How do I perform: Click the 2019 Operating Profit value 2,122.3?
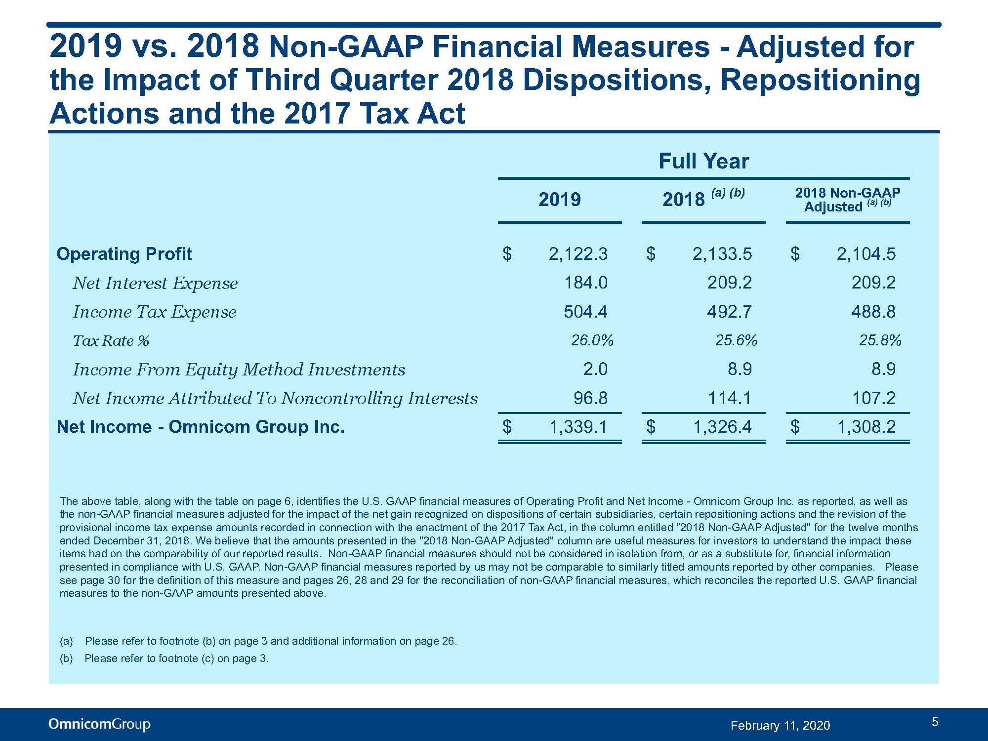(x=578, y=254)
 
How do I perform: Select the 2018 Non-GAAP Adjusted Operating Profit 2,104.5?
(x=866, y=254)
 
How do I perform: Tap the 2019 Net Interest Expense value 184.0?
(x=586, y=283)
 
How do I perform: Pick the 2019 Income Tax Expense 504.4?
(x=585, y=312)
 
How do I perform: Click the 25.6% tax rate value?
(x=736, y=340)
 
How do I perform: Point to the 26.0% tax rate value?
(x=592, y=340)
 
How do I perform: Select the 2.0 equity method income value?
(x=595, y=369)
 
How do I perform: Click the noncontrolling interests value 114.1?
(x=730, y=398)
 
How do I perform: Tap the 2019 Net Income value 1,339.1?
(x=578, y=427)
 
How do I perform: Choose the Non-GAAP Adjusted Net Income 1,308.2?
(x=866, y=427)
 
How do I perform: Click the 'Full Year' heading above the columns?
(x=704, y=161)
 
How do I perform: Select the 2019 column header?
(x=560, y=200)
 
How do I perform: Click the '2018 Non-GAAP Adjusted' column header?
(x=848, y=200)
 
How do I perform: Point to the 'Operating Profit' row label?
(x=124, y=254)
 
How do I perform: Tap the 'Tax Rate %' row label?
(x=111, y=341)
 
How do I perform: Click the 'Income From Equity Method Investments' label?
(x=239, y=370)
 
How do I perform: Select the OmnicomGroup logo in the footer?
(x=99, y=724)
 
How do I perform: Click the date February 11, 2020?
(x=781, y=725)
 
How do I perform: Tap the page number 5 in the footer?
(x=935, y=722)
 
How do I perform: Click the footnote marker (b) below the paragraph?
(x=66, y=659)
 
